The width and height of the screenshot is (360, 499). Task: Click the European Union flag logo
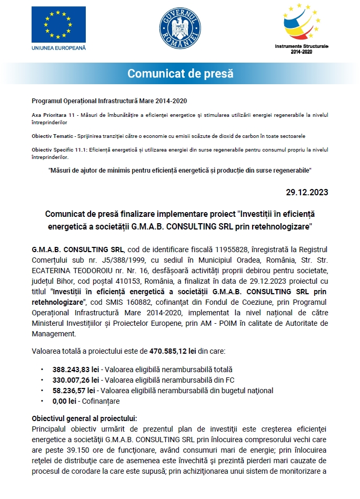point(58,25)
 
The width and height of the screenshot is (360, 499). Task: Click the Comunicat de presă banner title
point(180,73)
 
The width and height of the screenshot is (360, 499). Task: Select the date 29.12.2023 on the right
point(307,192)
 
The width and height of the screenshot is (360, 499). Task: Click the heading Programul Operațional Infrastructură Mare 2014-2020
point(109,101)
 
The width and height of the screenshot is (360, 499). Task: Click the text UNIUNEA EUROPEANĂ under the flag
point(58,47)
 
